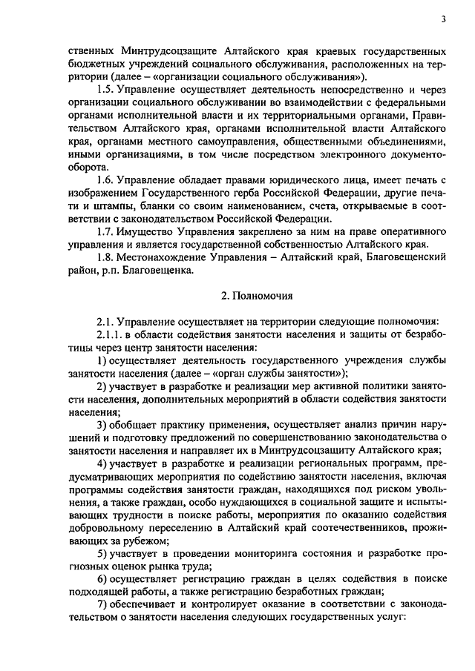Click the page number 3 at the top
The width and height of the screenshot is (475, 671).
(x=442, y=19)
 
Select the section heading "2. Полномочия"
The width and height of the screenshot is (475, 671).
(x=257, y=297)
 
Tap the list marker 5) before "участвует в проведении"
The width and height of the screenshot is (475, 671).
(x=102, y=555)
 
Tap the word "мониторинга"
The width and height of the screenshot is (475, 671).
(x=272, y=555)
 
